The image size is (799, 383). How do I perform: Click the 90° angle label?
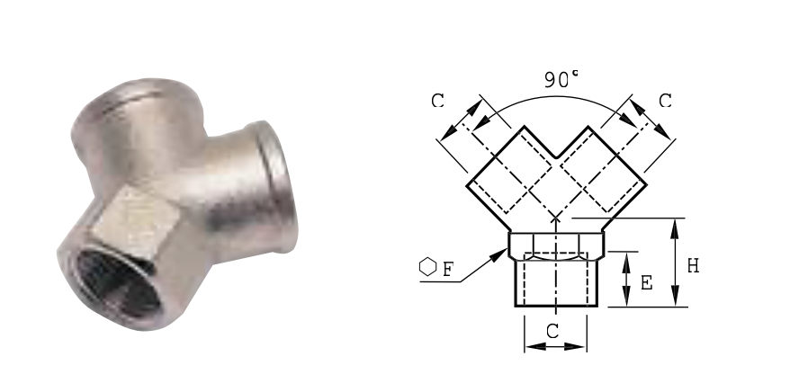(x=561, y=79)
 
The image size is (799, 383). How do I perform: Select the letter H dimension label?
(x=693, y=266)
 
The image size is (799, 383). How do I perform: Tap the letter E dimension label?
(x=646, y=282)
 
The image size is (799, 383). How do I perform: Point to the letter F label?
(x=448, y=269)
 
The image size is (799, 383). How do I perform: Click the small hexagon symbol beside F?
(x=428, y=267)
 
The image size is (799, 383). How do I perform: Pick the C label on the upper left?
(x=437, y=101)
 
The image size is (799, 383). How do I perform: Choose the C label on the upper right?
(x=665, y=101)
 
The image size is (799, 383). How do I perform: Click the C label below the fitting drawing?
(x=552, y=332)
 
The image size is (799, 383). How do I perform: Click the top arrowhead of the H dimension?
(x=675, y=229)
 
